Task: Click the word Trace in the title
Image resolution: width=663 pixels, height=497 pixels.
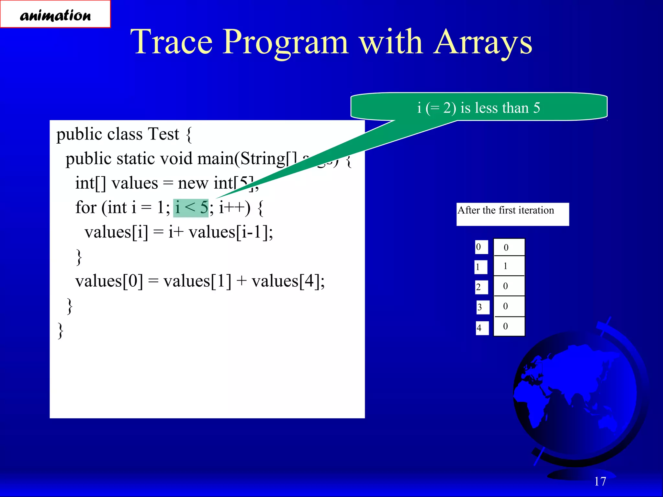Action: click(172, 42)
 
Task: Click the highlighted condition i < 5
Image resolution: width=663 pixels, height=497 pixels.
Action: click(191, 208)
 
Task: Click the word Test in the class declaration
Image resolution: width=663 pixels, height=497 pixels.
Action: click(163, 134)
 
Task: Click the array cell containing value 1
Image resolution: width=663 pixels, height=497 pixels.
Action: click(509, 266)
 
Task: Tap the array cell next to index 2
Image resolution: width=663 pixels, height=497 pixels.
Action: click(509, 286)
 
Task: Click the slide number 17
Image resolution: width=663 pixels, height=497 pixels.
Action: click(600, 481)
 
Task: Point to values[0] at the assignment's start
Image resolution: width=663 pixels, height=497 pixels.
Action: click(109, 281)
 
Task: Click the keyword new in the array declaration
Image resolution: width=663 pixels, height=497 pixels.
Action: click(193, 183)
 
